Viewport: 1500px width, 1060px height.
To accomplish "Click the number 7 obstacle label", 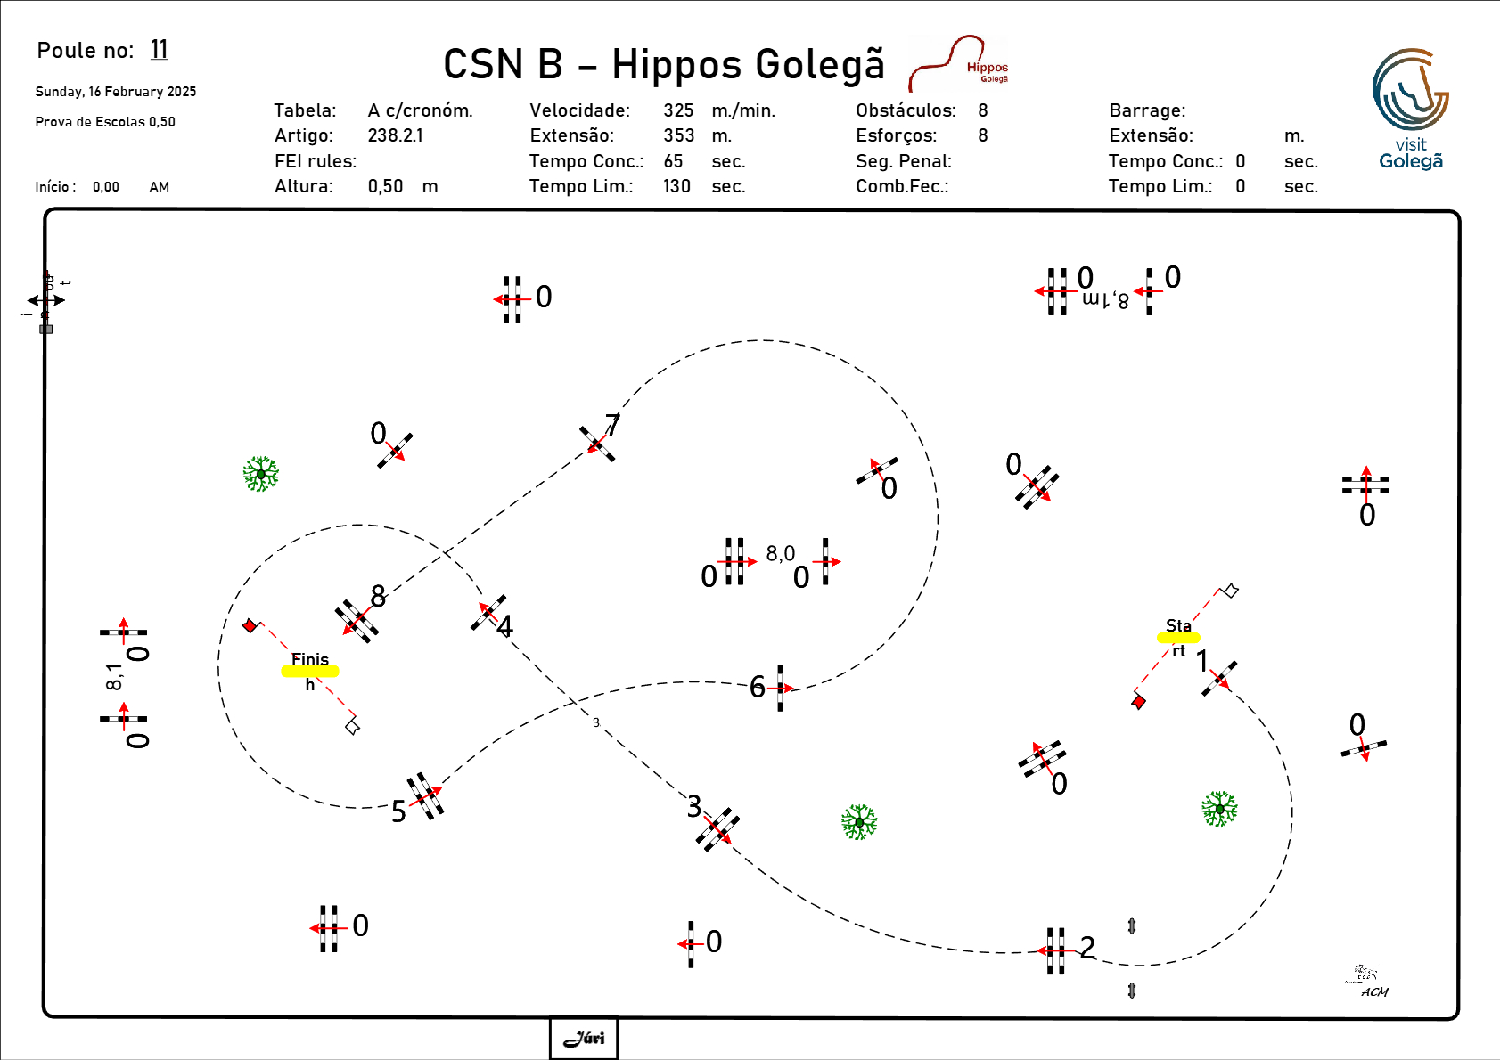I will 612,425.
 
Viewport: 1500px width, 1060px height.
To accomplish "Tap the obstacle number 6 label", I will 758,687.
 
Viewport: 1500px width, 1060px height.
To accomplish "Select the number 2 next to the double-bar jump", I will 1087,947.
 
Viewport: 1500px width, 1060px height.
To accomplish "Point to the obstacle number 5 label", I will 398,811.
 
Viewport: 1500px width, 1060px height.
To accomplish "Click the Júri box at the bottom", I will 584,1038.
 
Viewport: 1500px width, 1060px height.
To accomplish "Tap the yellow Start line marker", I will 1178,638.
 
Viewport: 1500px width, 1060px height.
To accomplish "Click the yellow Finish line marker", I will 310,672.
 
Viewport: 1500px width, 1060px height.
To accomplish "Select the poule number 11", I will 159,50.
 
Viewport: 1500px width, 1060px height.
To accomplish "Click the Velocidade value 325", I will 678,110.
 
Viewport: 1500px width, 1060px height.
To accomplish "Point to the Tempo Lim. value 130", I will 676,186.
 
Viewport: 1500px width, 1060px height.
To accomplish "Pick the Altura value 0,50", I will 385,186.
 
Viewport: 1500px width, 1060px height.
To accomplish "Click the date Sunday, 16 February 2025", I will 116,92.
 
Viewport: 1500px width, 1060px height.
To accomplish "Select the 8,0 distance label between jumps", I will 780,554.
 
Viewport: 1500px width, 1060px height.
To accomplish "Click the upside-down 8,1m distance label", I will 1105,300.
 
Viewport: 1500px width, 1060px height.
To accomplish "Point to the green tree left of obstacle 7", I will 261,474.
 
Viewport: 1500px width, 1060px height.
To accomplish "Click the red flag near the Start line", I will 1138,702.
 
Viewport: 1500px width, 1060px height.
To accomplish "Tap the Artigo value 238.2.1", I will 395,135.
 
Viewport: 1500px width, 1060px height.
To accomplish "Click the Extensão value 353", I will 678,135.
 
